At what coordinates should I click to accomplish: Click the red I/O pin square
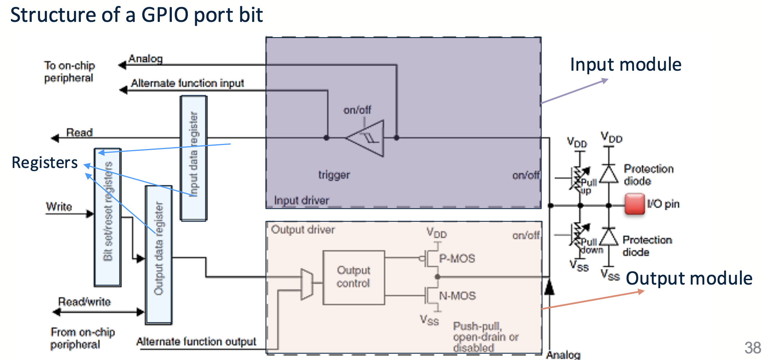pyautogui.click(x=635, y=204)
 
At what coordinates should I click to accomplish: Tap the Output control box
pyautogui.click(x=354, y=277)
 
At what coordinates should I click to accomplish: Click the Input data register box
pyautogui.click(x=194, y=158)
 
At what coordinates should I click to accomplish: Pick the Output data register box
pyautogui.click(x=159, y=255)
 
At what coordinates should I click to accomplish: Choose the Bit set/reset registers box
pyautogui.click(x=108, y=217)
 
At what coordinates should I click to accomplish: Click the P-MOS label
pyautogui.click(x=457, y=258)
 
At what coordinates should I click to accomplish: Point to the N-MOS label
pyautogui.click(x=457, y=296)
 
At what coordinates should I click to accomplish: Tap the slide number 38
pyautogui.click(x=752, y=348)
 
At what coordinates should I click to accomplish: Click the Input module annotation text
pyautogui.click(x=625, y=65)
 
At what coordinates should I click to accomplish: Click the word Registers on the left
pyautogui.click(x=44, y=163)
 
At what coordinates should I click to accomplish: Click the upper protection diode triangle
pyautogui.click(x=609, y=174)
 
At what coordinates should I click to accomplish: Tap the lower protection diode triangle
pyautogui.click(x=609, y=238)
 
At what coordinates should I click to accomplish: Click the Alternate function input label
pyautogui.click(x=188, y=83)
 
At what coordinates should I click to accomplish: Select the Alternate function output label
pyautogui.click(x=196, y=342)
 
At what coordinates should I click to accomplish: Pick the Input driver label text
pyautogui.click(x=302, y=200)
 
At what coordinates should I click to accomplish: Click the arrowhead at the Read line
pyautogui.click(x=55, y=138)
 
